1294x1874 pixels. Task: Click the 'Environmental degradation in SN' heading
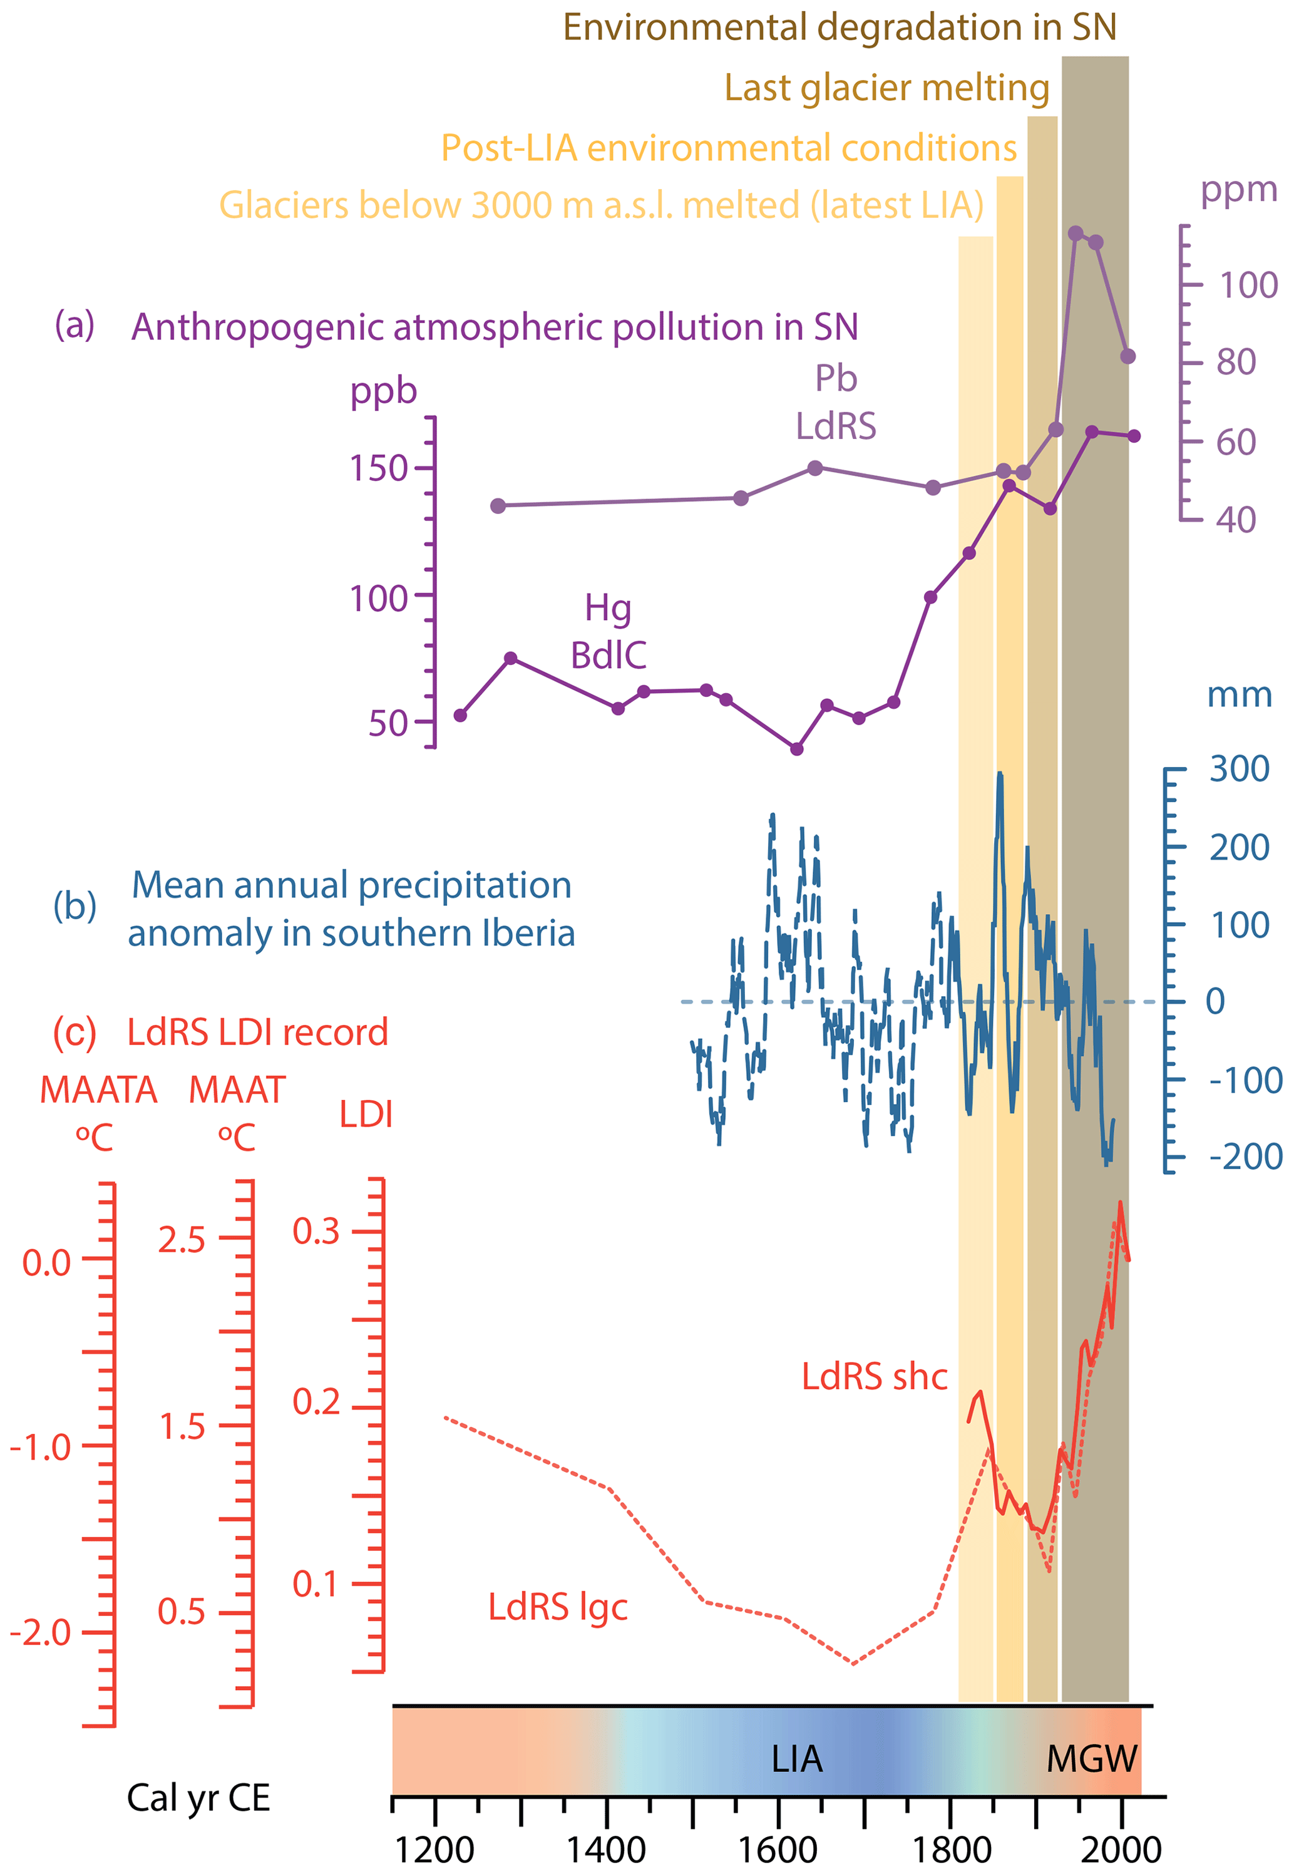(839, 28)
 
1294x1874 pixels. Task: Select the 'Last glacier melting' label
(886, 88)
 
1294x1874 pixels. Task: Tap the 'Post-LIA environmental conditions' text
(728, 148)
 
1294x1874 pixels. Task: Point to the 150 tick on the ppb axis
(378, 468)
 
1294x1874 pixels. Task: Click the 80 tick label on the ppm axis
(1236, 362)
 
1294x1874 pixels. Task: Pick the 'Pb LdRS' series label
(836, 402)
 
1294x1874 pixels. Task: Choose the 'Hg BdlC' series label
(608, 632)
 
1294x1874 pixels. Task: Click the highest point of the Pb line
(1075, 234)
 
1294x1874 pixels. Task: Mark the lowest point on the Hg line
(796, 748)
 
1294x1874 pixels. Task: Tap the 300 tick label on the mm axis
(1239, 769)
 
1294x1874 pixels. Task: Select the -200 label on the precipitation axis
(1245, 1157)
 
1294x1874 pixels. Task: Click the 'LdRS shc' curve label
(874, 1377)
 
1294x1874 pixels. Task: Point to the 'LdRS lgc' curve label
(558, 1607)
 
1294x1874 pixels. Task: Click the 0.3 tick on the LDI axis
(316, 1232)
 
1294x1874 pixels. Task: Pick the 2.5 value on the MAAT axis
(182, 1241)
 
